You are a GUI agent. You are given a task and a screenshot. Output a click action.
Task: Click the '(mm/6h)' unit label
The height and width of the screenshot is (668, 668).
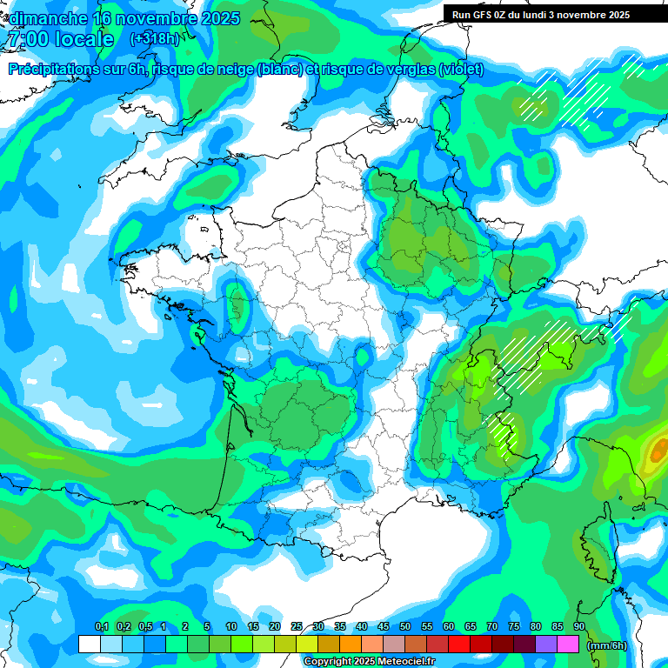coord(606,645)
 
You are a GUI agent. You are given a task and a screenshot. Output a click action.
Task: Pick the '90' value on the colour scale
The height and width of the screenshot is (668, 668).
coord(579,627)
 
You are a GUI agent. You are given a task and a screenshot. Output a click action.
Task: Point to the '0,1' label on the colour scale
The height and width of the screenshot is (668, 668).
coord(101,627)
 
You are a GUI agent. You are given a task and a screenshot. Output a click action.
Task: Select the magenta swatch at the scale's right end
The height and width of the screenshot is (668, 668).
coord(568,644)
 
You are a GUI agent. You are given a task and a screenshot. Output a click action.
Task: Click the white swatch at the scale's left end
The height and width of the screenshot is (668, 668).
coord(89,644)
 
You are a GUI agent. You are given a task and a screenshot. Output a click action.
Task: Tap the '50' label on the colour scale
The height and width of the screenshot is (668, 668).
coord(405,627)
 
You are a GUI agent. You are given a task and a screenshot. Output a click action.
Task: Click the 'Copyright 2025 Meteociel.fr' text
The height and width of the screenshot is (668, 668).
coord(369,661)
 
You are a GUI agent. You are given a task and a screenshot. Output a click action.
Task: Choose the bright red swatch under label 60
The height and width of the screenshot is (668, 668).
coord(459,644)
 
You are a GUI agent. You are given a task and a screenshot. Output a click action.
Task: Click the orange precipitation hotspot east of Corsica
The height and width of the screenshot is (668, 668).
coord(658,450)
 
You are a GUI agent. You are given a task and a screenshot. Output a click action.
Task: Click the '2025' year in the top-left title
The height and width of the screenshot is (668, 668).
coord(220,18)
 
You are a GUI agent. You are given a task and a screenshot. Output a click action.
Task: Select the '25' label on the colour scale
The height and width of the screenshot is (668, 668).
coord(297,627)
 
